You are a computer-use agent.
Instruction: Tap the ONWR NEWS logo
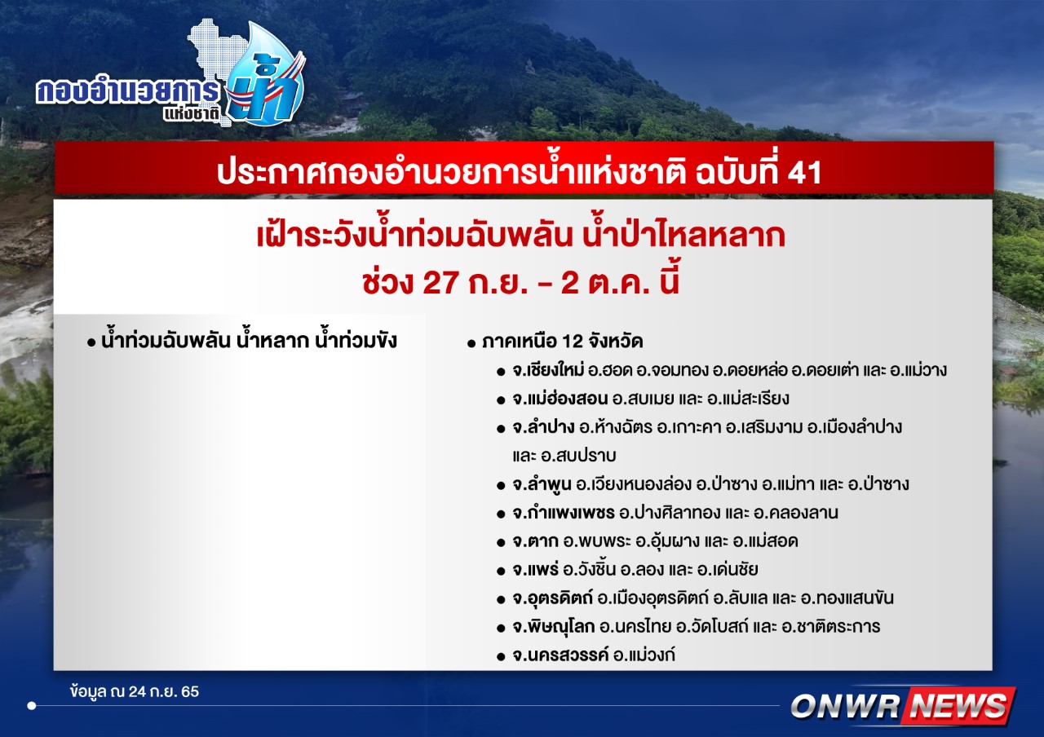(903, 706)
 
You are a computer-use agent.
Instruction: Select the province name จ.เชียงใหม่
(548, 370)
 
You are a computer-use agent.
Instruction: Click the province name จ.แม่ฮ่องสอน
(560, 399)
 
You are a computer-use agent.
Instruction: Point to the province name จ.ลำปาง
(543, 427)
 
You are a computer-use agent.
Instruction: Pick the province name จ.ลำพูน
(542, 484)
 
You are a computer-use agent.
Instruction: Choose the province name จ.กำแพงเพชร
(564, 513)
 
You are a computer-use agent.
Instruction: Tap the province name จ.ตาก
(535, 541)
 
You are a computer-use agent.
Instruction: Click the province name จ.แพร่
(536, 570)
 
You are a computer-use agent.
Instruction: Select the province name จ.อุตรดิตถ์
(553, 598)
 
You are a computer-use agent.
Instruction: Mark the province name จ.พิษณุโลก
(554, 627)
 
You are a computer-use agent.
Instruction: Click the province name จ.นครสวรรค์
(560, 655)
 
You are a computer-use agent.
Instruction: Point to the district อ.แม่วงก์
(644, 655)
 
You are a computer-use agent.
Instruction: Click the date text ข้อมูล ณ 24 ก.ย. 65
(135, 692)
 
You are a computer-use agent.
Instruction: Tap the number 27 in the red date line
(440, 283)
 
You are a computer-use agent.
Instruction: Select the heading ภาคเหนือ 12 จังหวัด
(563, 342)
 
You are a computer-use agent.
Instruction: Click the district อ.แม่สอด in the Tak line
(765, 541)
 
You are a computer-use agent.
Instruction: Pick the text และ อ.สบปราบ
(564, 456)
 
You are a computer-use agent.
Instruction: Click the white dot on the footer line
(32, 706)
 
